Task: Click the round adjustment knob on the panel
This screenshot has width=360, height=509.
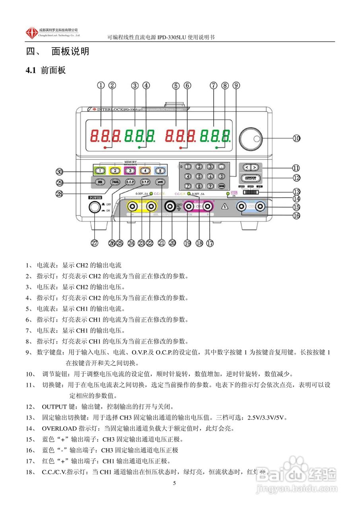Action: [x=251, y=139]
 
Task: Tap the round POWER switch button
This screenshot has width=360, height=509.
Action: [x=94, y=207]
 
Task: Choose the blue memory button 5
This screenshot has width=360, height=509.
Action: [x=159, y=171]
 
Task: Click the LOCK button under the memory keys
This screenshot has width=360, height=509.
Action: [x=160, y=182]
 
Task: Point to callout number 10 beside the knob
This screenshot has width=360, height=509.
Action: [x=296, y=138]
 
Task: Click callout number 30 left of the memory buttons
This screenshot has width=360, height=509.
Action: [x=60, y=171]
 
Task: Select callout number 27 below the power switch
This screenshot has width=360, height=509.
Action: [x=95, y=243]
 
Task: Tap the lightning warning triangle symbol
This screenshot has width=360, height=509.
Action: [x=225, y=206]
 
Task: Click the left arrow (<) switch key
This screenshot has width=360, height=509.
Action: [x=247, y=167]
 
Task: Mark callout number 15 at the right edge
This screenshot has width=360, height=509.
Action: [x=296, y=207]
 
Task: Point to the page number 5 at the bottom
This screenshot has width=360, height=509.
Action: [x=174, y=483]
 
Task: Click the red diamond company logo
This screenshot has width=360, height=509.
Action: [x=31, y=33]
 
